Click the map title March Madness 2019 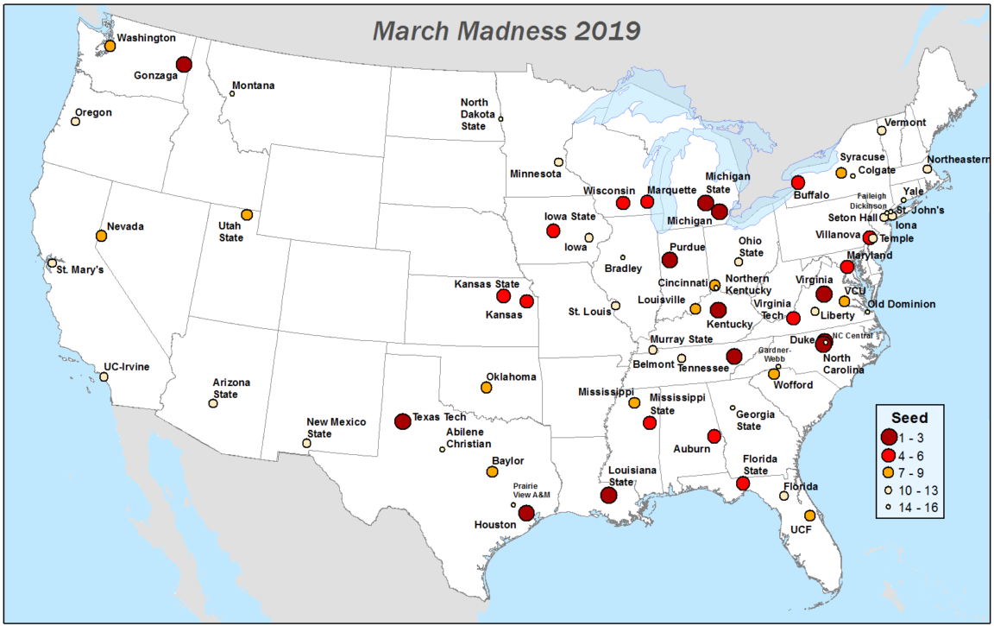[x=506, y=30]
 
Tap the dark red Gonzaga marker [x=184, y=64]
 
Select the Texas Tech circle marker [x=402, y=421]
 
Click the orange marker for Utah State [x=247, y=214]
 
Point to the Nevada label [x=125, y=226]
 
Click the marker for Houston [x=526, y=513]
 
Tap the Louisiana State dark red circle [x=608, y=496]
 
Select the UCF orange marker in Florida [x=809, y=515]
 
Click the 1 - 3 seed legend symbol [x=889, y=438]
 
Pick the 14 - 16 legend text [x=921, y=509]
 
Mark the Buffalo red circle [x=798, y=183]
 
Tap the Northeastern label [x=959, y=160]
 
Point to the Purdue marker [x=670, y=260]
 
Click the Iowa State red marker [x=553, y=231]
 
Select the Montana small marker [x=232, y=93]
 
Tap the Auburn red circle [x=714, y=436]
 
